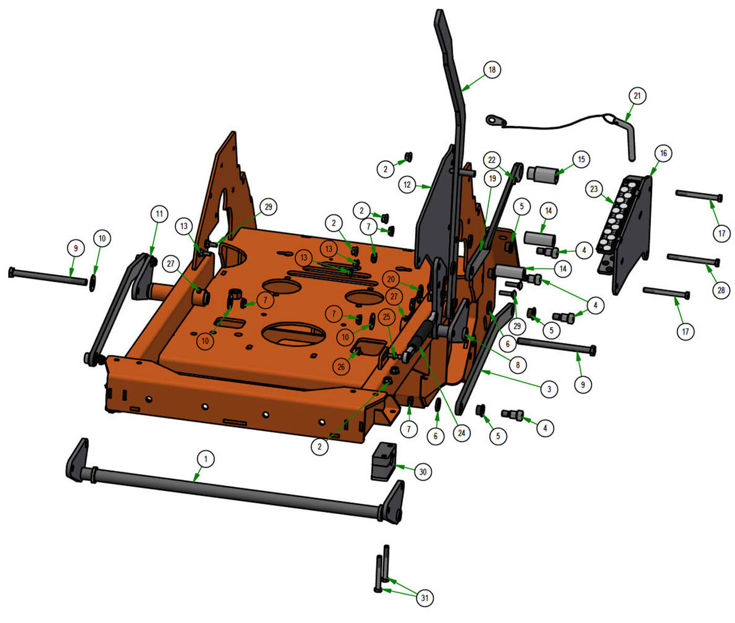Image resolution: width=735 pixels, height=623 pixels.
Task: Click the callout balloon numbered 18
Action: (492, 70)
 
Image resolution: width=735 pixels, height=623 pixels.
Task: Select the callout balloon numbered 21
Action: (637, 95)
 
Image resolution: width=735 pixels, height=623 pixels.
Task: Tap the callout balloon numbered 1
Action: (205, 459)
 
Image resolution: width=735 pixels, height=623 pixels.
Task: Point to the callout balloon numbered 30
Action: (423, 471)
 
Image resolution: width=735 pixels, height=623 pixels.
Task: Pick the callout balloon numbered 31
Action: (425, 598)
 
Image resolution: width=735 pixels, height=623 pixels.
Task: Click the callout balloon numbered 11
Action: (159, 214)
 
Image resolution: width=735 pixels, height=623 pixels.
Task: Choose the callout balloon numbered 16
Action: (663, 153)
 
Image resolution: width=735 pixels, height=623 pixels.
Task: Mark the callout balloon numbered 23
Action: (594, 189)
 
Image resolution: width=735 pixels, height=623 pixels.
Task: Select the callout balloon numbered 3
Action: (549, 389)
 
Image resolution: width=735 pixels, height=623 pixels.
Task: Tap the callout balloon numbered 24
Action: (461, 433)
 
